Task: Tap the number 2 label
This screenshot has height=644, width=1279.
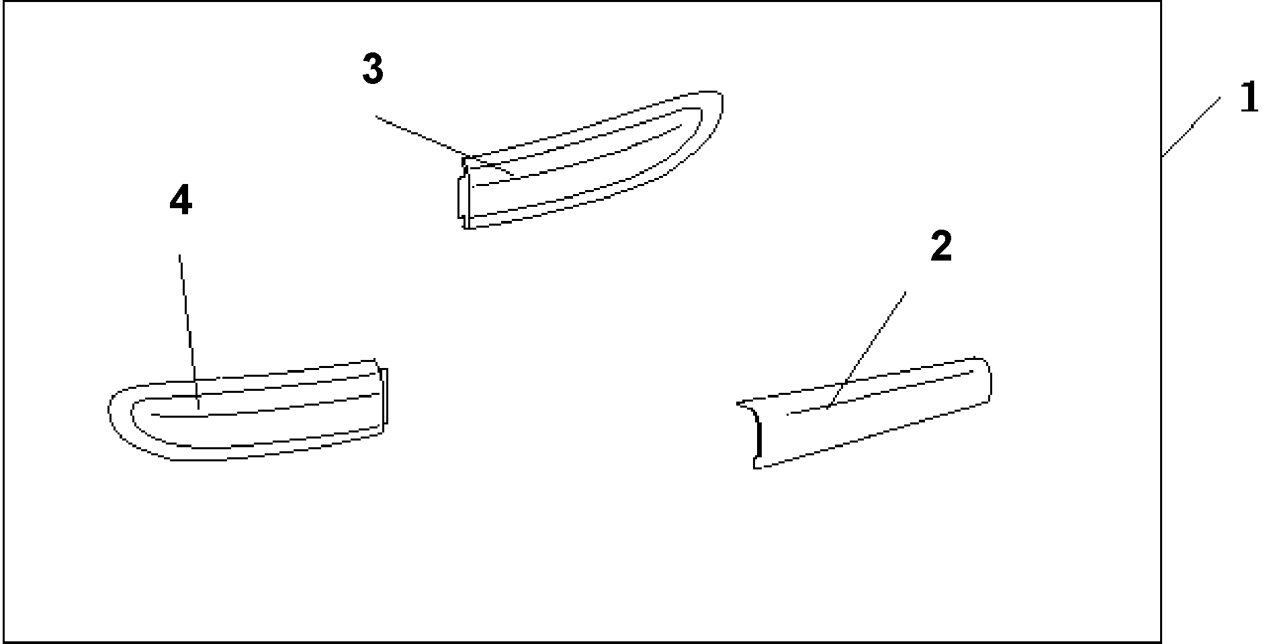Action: point(941,247)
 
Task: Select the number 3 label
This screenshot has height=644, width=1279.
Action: point(373,70)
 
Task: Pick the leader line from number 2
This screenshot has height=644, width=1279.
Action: point(867,349)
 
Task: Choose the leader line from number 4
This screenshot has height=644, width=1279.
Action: point(189,330)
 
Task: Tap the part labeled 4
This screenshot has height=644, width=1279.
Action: point(249,411)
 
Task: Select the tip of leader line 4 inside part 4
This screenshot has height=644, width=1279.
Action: point(199,407)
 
